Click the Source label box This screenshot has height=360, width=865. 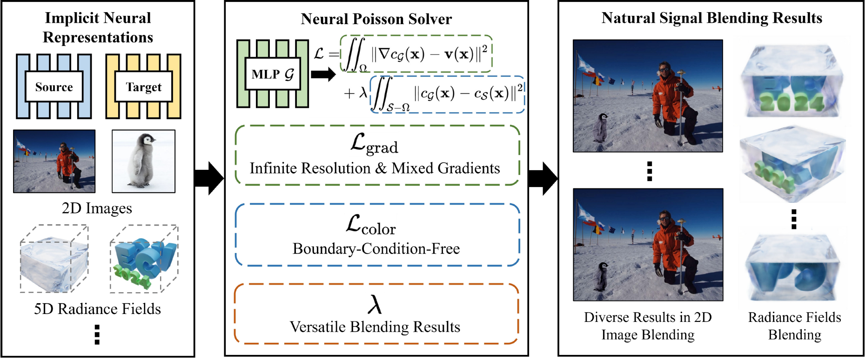[x=54, y=87]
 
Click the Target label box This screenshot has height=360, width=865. [x=143, y=87]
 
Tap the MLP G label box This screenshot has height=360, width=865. [x=273, y=74]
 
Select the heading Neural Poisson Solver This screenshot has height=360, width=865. [x=376, y=19]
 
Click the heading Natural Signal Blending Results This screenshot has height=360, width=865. [x=711, y=18]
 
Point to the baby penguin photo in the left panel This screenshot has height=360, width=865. [x=144, y=161]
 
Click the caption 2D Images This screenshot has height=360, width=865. [x=97, y=208]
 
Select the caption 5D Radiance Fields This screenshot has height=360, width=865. [x=97, y=309]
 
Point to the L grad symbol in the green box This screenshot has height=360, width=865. [x=374, y=144]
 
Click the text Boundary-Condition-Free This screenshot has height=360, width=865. [x=376, y=249]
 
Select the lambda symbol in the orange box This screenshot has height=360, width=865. [x=375, y=304]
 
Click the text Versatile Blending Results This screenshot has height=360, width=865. [x=375, y=327]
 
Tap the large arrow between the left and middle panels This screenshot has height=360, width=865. [x=209, y=178]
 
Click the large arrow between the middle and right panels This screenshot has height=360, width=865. [x=543, y=178]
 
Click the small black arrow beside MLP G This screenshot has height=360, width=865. [x=323, y=74]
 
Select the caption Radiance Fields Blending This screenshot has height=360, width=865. [x=794, y=326]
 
